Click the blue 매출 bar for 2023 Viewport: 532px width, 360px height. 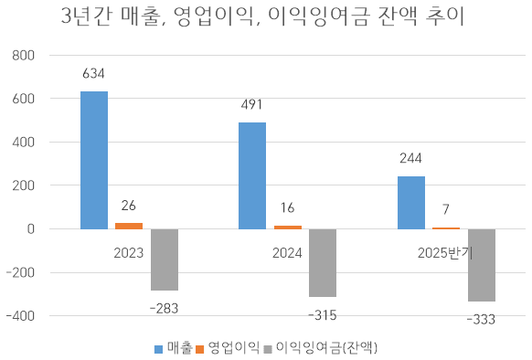[x=94, y=160]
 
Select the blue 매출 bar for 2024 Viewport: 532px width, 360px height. [x=252, y=175]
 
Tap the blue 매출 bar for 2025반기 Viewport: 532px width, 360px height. [x=411, y=202]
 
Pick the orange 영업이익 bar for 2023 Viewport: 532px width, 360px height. [x=129, y=225]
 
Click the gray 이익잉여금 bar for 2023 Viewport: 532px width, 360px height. [x=164, y=259]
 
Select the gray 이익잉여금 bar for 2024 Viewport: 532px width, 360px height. [x=323, y=263]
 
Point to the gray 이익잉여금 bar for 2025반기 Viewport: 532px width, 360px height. [x=482, y=265]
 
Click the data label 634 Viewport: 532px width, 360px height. [x=94, y=73]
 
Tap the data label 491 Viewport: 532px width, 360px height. [x=252, y=104]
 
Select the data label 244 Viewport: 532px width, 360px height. [x=411, y=158]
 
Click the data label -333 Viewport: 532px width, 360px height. [x=482, y=319]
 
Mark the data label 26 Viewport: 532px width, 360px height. [x=129, y=206]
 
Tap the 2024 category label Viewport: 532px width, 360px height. [x=288, y=252]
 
